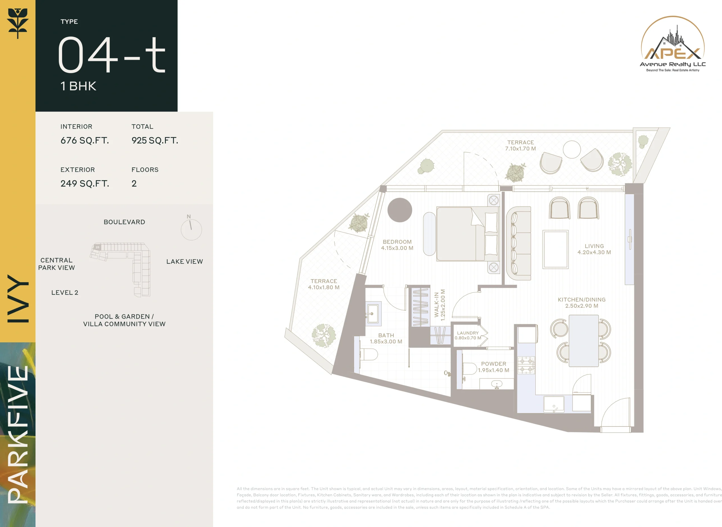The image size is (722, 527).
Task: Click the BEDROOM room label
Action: [x=397, y=242]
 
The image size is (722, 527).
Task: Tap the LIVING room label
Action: [x=594, y=246]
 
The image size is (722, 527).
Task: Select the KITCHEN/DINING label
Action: [x=581, y=299]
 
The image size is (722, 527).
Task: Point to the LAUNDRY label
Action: [x=468, y=333]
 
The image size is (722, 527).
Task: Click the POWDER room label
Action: [x=494, y=364]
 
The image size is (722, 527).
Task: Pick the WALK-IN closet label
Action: [x=436, y=305]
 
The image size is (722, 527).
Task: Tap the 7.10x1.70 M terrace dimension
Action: [x=520, y=148]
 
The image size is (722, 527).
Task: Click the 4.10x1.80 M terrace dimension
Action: [x=323, y=287]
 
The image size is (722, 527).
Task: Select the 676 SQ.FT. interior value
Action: [x=85, y=140]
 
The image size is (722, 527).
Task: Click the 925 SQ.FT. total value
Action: [x=155, y=140]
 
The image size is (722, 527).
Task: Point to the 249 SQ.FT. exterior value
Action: [x=85, y=184]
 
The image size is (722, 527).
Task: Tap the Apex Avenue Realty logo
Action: [x=673, y=44]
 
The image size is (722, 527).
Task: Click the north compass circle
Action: [x=191, y=230]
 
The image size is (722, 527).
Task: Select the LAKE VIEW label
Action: [x=184, y=262]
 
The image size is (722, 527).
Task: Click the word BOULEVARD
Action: [x=124, y=222]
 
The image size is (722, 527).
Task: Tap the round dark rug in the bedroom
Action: [x=399, y=210]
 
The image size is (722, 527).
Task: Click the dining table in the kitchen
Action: [x=584, y=341]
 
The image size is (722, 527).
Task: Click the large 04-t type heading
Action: [x=112, y=54]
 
